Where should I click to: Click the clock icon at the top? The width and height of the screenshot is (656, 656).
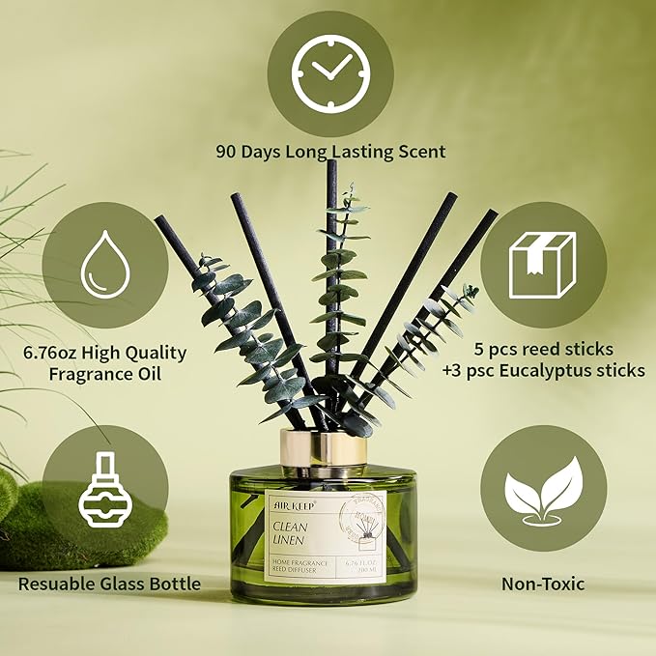(329, 72)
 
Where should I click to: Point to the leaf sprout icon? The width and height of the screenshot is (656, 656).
(544, 489)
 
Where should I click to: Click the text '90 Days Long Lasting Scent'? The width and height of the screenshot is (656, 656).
(330, 152)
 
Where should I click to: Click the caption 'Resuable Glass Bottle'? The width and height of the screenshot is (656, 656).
(108, 584)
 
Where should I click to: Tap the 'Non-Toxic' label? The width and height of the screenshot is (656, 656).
(543, 584)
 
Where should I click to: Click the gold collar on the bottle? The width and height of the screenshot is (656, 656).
(325, 447)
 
